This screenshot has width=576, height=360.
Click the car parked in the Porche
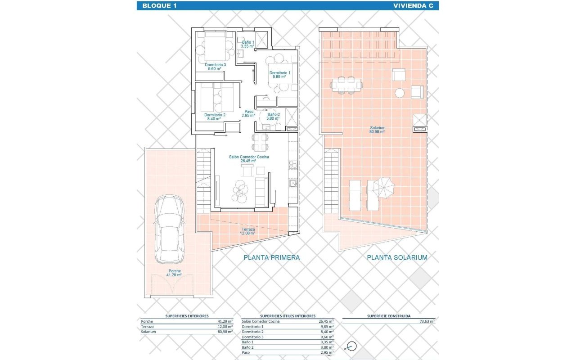pos(170,229)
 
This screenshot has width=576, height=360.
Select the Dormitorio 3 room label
pos(215,67)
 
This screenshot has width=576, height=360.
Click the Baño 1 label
pos(247,44)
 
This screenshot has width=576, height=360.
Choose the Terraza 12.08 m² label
pos(248,231)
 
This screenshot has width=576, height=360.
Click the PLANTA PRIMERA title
pos(271,257)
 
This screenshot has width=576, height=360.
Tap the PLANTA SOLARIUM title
pos(397,257)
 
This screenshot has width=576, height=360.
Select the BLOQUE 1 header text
pos(159,6)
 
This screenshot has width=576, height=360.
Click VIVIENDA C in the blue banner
pos(413,6)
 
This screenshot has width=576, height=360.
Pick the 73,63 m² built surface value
pos(427,321)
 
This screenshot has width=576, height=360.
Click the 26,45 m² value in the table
pos(326,321)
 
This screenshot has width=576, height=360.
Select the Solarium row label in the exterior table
pos(148,332)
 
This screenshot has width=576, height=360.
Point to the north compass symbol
pos(351,346)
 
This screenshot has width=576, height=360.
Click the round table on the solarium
pos(399,93)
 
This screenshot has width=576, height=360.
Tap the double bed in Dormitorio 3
pos(215,46)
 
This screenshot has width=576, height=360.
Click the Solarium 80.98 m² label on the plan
pos(377,130)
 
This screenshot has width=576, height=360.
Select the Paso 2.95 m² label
pos(248,113)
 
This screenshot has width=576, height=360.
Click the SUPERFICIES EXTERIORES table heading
pos(187,316)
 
